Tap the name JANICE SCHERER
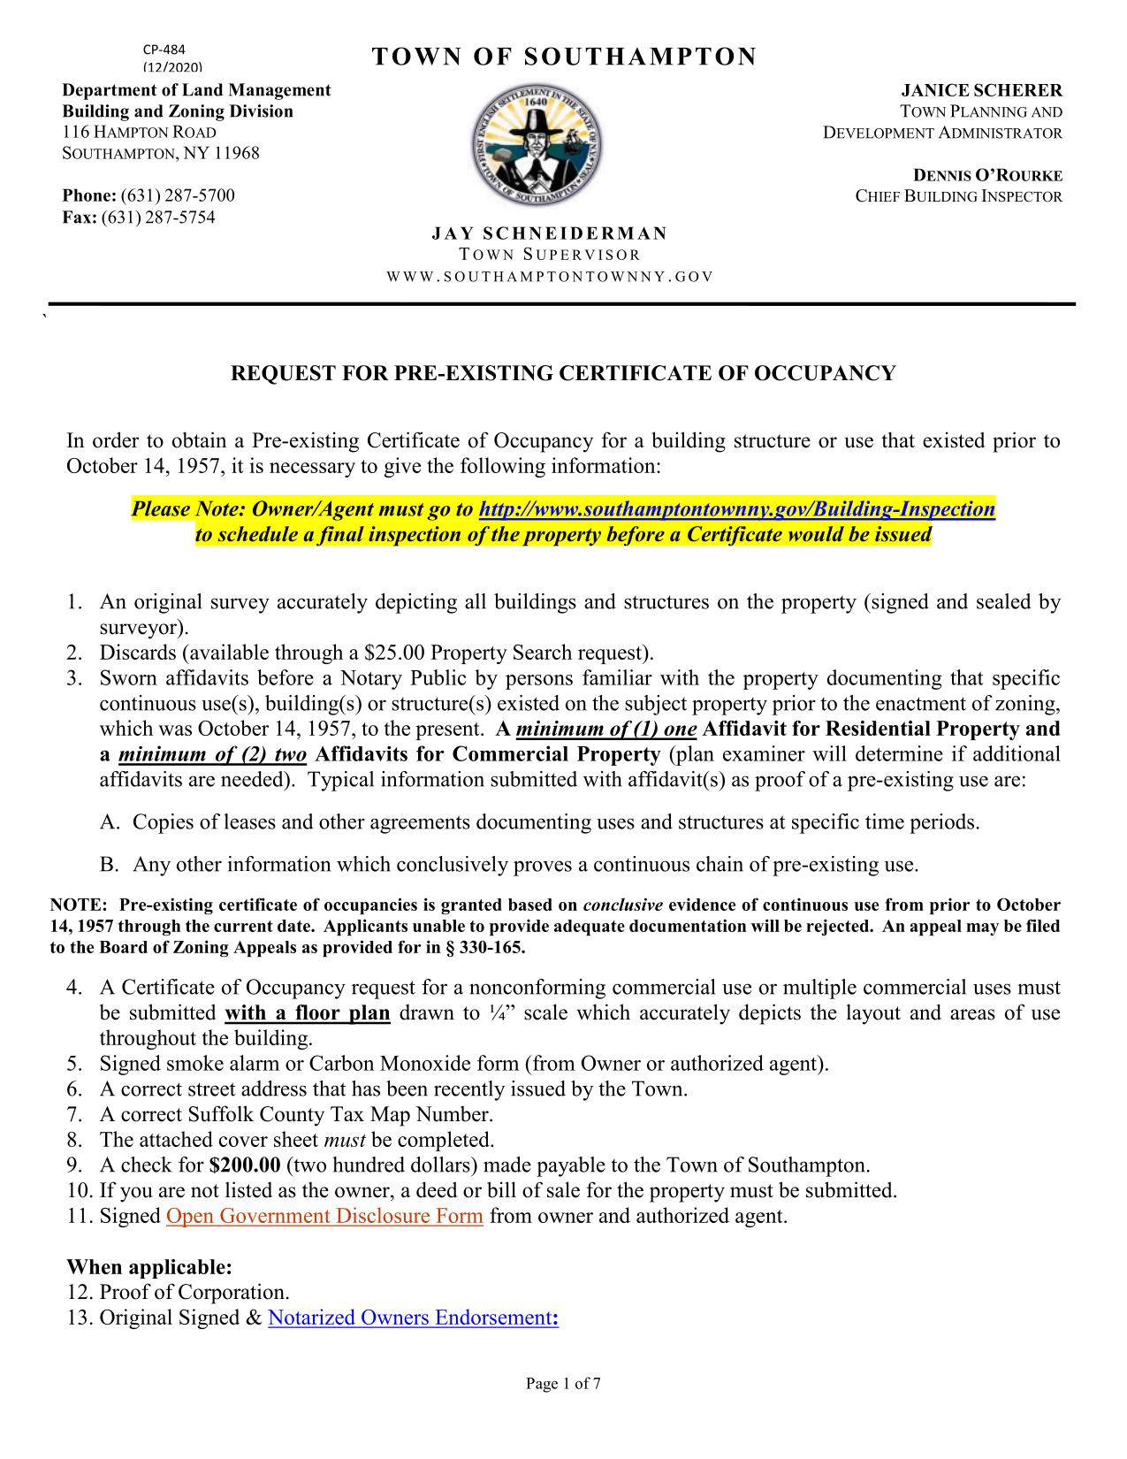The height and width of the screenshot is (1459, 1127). [x=981, y=90]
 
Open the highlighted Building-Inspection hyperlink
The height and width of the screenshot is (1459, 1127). [x=736, y=509]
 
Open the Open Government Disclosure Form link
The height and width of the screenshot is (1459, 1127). [x=324, y=1216]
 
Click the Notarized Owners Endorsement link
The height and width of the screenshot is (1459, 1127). [x=412, y=1318]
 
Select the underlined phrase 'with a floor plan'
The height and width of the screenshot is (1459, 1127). [x=308, y=1012]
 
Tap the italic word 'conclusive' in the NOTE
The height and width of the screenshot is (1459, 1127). [x=623, y=905]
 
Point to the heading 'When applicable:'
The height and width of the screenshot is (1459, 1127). [x=149, y=1267]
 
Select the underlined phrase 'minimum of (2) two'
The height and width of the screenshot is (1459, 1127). [x=212, y=754]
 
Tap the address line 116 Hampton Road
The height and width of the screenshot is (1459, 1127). [x=139, y=133]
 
